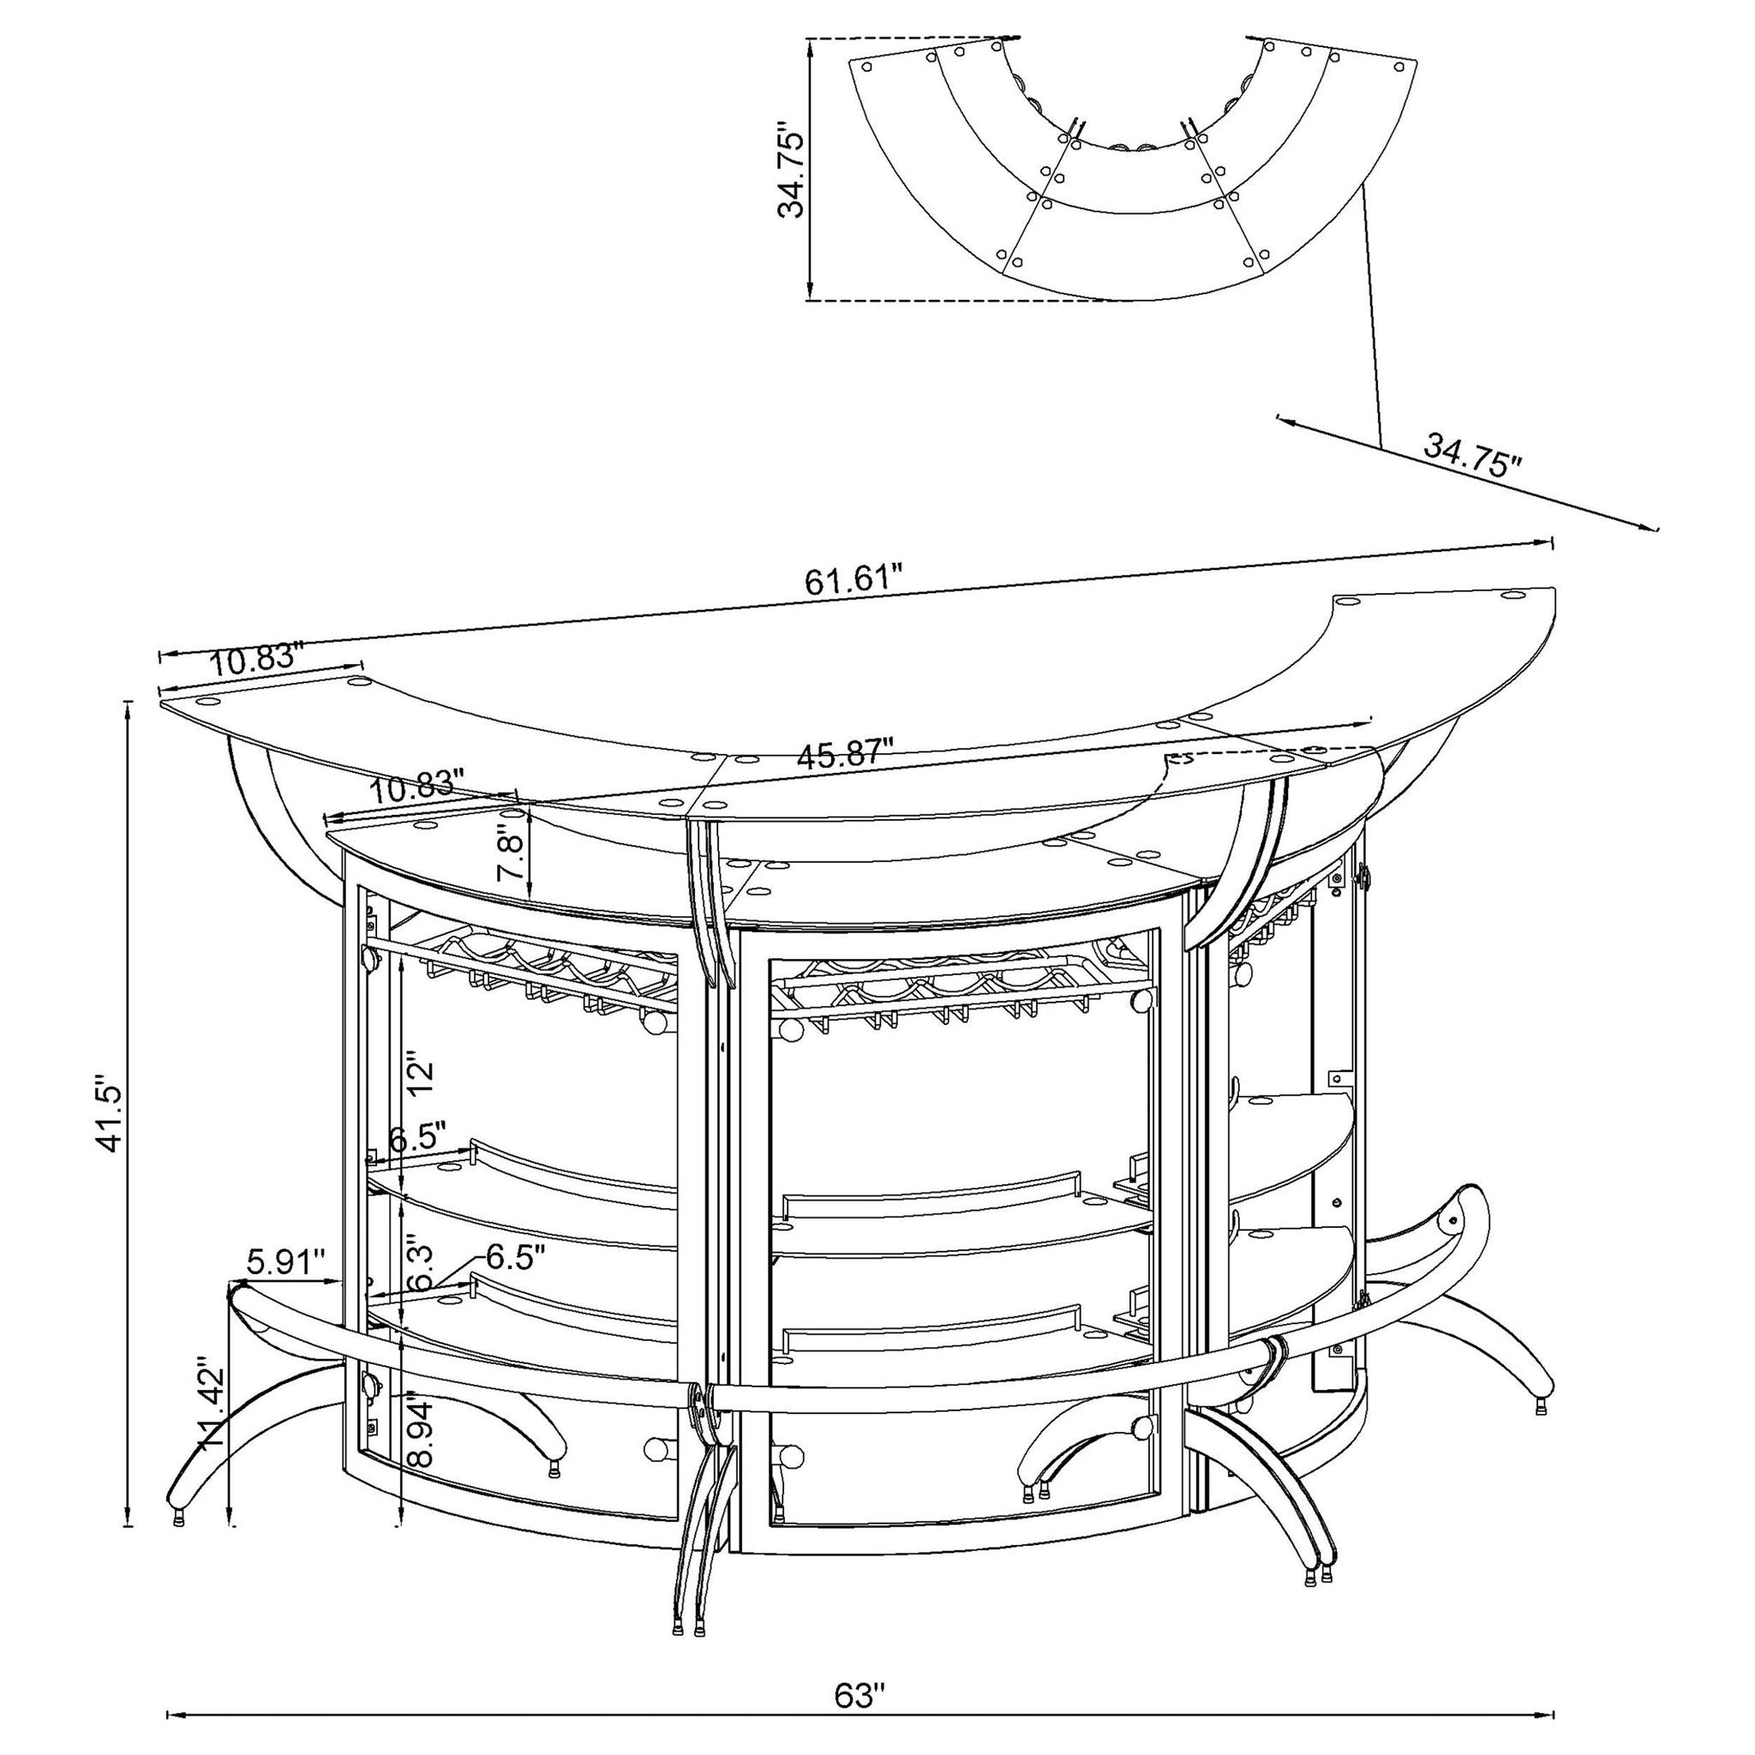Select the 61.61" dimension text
click(x=854, y=578)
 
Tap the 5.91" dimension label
click(x=285, y=1261)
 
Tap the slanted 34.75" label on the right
click(x=1471, y=455)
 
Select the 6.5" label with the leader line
click(x=514, y=1258)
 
